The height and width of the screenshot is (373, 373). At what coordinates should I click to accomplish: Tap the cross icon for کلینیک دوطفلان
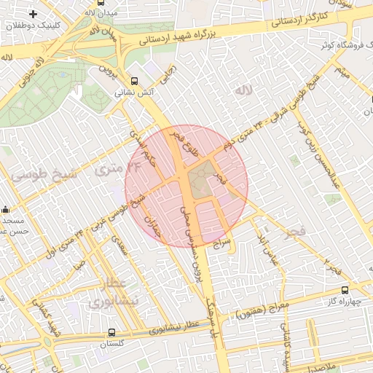pos(33,14)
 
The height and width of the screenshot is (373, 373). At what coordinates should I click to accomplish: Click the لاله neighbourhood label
pos(242,90)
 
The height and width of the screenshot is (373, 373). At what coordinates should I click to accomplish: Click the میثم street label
pos(342,72)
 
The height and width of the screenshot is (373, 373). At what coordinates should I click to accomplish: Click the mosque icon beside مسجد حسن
pos(6,208)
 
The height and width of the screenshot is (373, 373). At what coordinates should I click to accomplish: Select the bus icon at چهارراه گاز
pos(345,290)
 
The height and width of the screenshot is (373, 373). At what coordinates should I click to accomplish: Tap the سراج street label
pos(222,243)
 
